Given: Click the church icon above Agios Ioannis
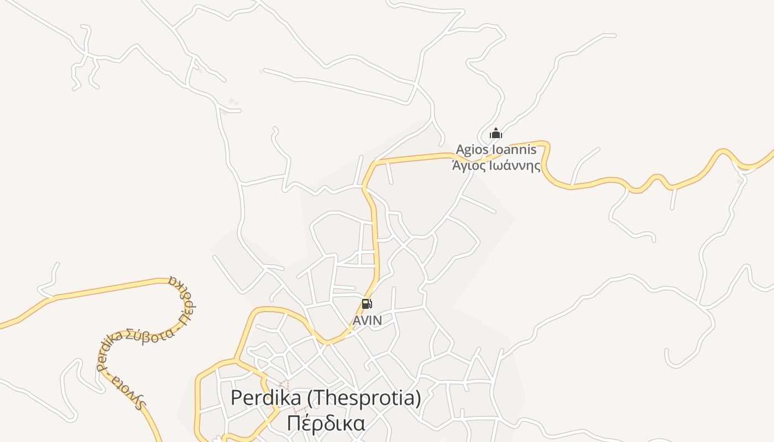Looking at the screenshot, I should pos(496,134).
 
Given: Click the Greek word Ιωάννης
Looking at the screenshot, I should pos(515,165).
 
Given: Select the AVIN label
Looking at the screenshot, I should pos(368,320).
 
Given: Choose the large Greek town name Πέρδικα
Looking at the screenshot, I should pos(326,423).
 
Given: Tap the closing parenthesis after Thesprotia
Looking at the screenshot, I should pos(418,398).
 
